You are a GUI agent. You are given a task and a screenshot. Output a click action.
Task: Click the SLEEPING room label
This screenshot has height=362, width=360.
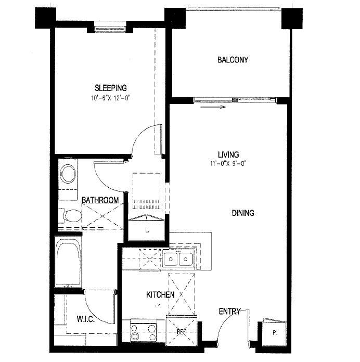110,88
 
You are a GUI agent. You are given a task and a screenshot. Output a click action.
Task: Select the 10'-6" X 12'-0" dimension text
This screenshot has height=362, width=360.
110,97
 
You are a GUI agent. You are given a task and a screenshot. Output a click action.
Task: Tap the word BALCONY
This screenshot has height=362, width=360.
233,60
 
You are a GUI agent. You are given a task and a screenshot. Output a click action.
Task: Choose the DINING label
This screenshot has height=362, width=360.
242,213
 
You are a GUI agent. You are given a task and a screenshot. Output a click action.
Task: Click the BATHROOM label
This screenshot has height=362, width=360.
100,200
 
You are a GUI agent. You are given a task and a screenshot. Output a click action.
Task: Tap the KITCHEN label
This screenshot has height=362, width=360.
160,295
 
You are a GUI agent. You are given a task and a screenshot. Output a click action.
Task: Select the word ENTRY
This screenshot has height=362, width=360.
229,312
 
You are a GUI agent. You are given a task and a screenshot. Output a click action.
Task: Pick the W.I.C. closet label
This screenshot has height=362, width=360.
85,319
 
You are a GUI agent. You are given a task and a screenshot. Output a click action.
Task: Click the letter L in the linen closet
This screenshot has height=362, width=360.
147,230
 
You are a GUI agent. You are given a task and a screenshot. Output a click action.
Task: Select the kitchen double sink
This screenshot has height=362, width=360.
177,258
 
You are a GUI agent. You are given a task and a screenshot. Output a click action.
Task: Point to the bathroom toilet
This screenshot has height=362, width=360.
71,215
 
